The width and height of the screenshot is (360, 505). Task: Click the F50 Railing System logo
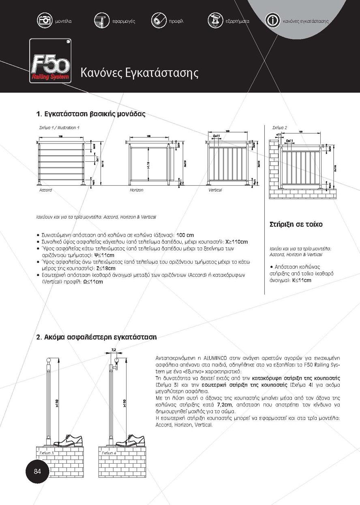pos(50,61)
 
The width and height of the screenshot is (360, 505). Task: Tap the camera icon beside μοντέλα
pos(45,20)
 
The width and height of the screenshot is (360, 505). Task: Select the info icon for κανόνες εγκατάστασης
pos(273,20)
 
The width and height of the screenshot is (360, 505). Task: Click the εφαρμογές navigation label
pos(124,21)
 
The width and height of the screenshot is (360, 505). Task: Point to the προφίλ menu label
pos(176,21)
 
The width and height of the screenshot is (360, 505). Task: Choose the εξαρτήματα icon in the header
pos(215,20)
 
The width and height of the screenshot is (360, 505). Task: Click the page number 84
pos(37,471)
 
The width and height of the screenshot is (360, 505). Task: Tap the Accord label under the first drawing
pos(45,190)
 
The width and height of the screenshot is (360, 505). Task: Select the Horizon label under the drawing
pos(137,190)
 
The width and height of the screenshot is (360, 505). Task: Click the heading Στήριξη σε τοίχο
pos(296,224)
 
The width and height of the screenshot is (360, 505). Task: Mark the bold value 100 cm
pos(185,235)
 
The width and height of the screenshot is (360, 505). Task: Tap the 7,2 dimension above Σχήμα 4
pos(114,349)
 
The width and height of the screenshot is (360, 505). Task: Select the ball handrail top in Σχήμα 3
pos(49,359)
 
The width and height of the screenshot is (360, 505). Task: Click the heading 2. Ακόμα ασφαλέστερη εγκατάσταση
pos(96,337)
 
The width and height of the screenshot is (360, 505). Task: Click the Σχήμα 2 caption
pos(280,128)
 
